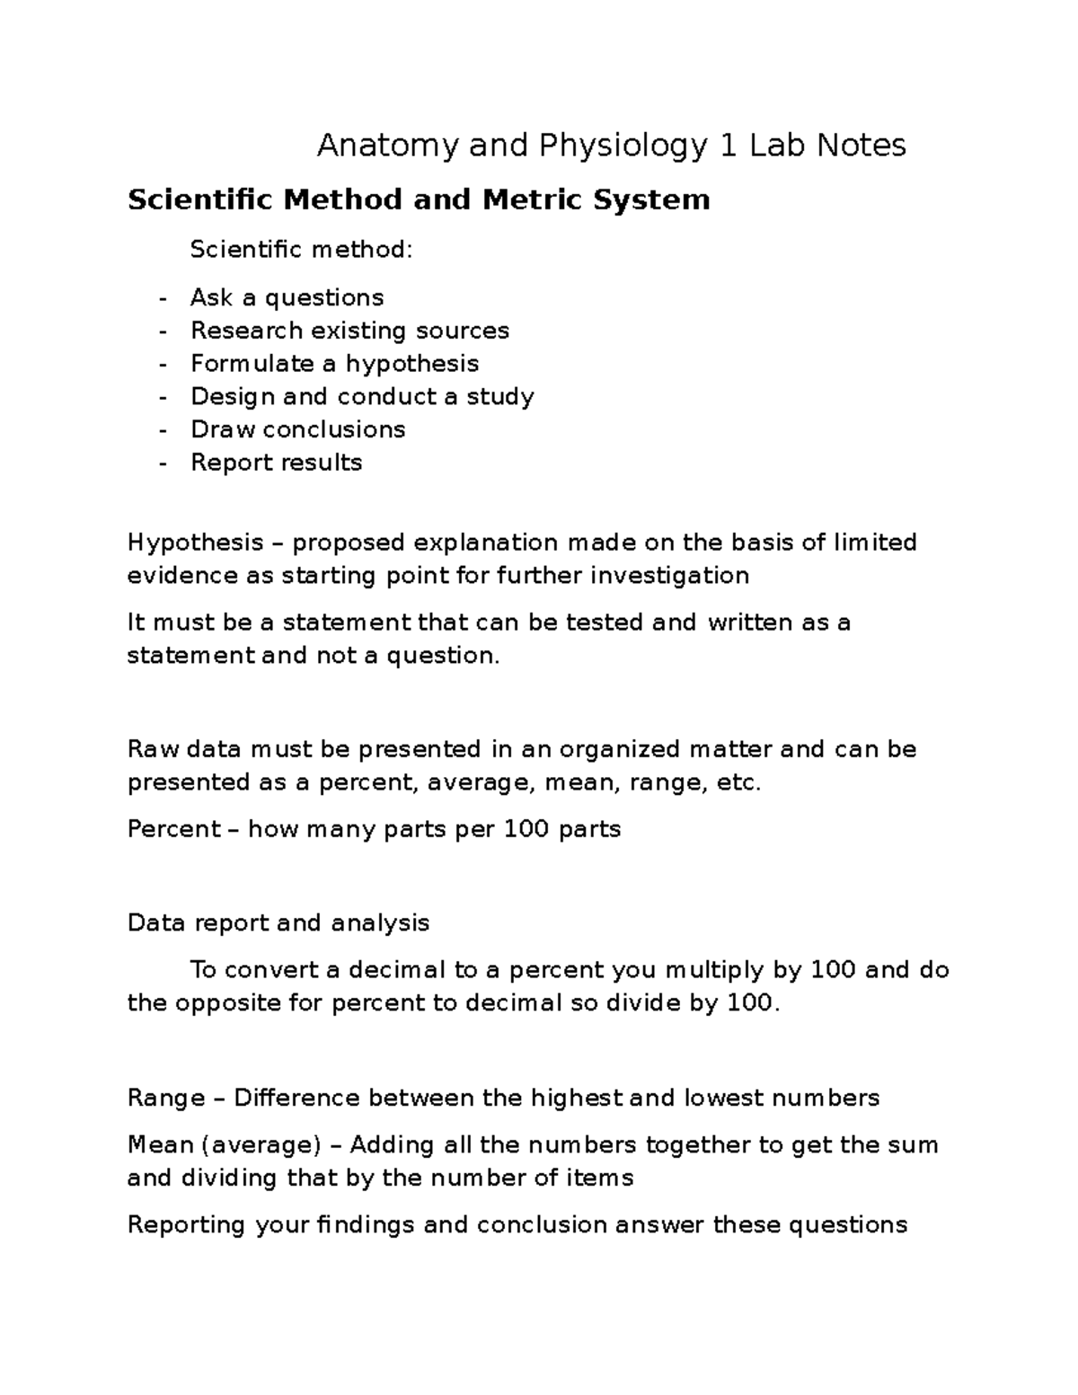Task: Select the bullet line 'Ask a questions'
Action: (x=287, y=297)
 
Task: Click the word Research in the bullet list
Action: (x=246, y=331)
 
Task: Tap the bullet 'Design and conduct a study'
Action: (x=362, y=396)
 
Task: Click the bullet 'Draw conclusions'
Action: (x=297, y=429)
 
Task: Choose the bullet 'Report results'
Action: (x=276, y=463)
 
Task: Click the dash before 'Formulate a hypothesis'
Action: (x=163, y=364)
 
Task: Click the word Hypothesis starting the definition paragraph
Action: (x=195, y=543)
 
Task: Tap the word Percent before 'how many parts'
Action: (x=173, y=828)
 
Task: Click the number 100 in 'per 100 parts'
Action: (x=526, y=828)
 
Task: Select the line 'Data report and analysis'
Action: (x=278, y=923)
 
